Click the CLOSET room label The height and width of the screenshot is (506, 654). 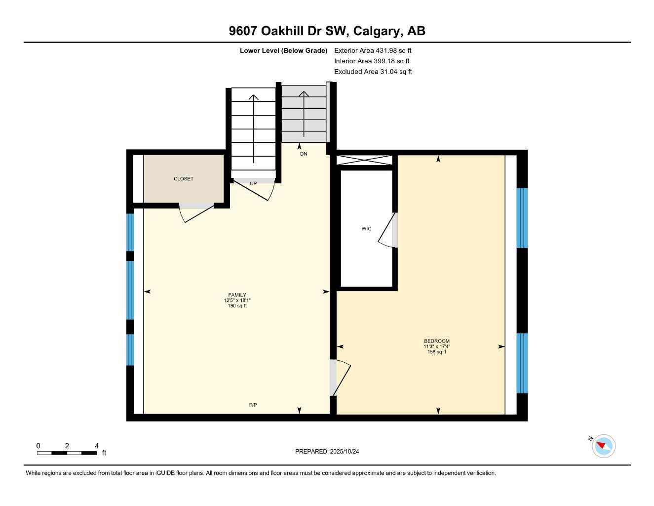184,179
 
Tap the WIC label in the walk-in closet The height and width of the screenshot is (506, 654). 366,229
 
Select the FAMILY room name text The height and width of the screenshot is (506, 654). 237,295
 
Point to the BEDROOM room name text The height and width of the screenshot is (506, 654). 437,341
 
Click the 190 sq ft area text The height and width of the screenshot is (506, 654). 237,306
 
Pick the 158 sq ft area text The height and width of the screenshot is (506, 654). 437,352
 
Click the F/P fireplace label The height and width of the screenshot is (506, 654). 253,405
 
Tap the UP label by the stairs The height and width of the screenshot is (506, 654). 253,184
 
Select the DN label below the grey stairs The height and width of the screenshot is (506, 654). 304,154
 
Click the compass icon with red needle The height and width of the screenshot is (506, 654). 603,446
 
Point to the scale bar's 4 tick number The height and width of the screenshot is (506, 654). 97,446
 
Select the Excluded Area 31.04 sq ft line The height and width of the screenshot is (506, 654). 373,72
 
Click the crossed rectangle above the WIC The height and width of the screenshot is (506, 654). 364,160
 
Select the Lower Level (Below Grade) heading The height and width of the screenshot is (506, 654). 283,50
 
